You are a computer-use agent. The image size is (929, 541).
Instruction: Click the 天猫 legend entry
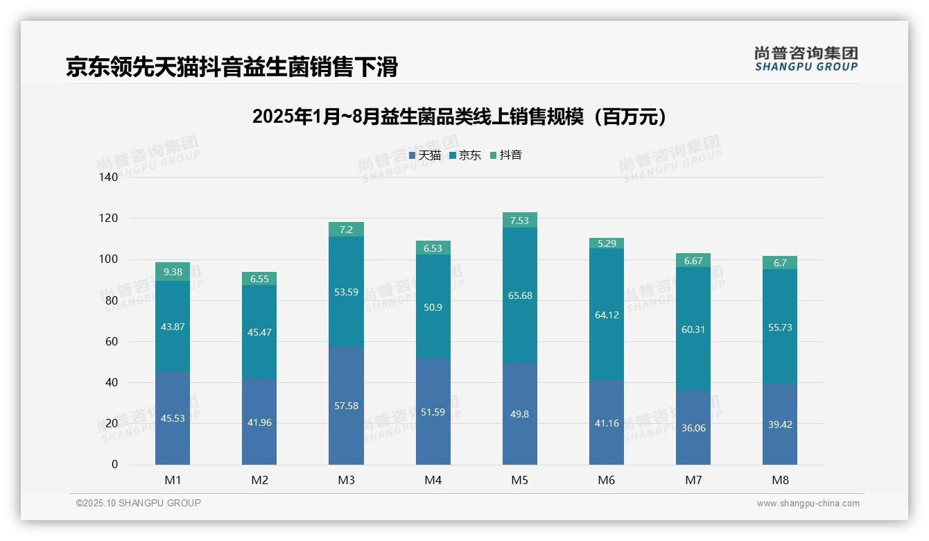point(425,155)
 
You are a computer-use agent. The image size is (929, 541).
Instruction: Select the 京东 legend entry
point(465,155)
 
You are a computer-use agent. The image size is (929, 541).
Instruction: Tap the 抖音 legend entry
point(506,155)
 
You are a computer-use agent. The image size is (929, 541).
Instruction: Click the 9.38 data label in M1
point(173,272)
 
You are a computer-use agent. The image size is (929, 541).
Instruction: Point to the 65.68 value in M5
point(520,295)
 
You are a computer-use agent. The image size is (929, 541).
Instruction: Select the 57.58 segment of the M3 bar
point(346,405)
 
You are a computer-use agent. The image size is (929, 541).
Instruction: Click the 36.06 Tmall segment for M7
point(693,427)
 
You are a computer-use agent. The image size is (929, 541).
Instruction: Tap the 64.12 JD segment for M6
point(607,315)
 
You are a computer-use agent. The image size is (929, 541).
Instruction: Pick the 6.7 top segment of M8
point(780,263)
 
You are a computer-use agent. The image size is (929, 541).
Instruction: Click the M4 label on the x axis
point(433,480)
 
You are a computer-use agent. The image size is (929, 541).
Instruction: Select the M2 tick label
point(259,480)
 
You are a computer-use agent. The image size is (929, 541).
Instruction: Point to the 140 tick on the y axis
point(109,177)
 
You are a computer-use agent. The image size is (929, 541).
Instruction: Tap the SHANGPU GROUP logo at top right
point(806,59)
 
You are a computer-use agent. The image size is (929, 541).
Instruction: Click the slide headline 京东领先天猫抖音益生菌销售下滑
point(232,67)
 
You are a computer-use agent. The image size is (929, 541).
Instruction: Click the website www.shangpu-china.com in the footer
point(808,504)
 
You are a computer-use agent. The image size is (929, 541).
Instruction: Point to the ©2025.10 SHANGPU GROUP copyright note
point(139,503)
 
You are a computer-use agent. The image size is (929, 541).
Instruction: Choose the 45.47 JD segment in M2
point(259,332)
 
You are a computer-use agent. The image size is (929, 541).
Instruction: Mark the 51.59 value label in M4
point(433,412)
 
